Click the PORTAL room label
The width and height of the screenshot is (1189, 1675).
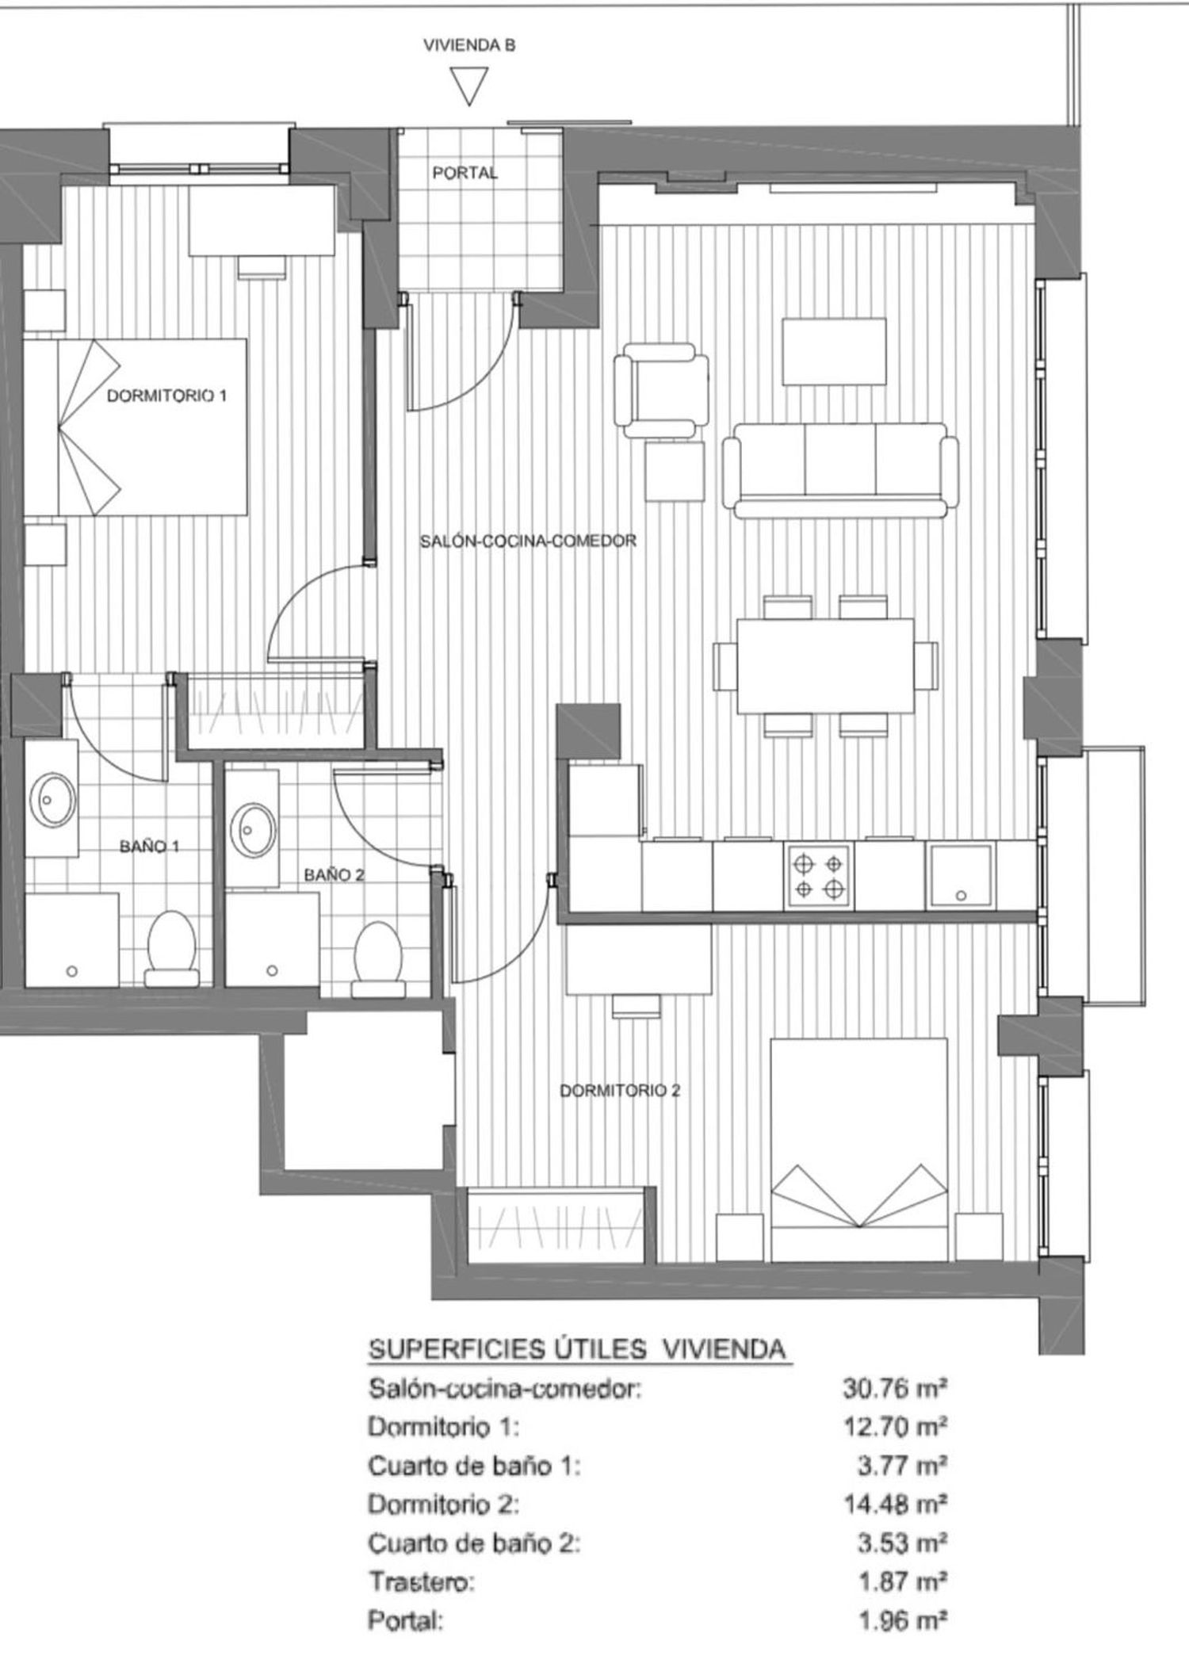tap(465, 172)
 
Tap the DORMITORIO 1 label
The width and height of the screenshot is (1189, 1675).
tap(166, 395)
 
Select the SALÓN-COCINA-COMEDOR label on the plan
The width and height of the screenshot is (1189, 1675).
tap(528, 541)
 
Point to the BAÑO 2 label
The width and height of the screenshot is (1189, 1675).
tap(335, 875)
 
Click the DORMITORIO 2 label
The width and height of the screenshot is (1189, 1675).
tap(620, 1091)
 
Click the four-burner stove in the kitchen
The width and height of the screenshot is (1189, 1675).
tap(819, 876)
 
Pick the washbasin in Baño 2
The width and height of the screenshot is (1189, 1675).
tap(253, 829)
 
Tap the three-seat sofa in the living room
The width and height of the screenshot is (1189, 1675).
tap(840, 469)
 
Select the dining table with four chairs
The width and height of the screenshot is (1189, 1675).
tap(825, 666)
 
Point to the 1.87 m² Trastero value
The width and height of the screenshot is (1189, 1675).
tap(903, 1582)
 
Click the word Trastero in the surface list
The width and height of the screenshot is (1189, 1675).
tap(421, 1582)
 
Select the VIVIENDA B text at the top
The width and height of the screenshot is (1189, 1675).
tap(469, 45)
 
